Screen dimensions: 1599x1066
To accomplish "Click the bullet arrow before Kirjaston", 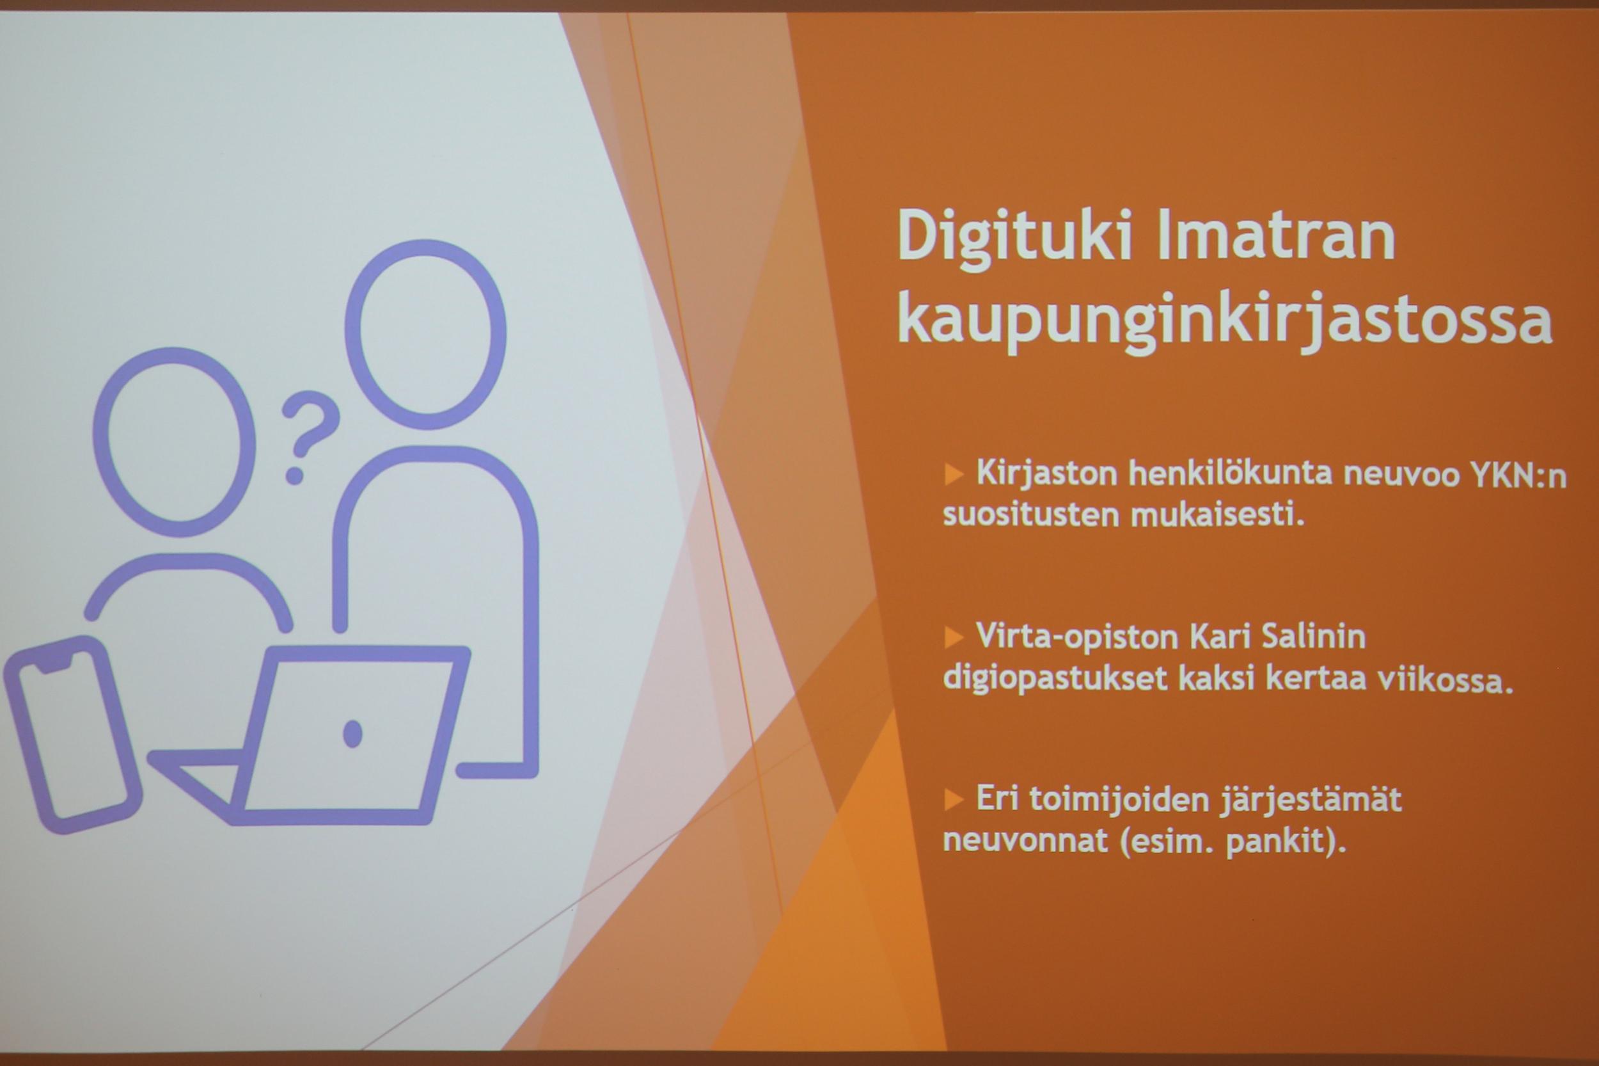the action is pyautogui.click(x=954, y=474).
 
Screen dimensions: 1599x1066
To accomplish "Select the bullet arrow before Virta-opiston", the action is pyautogui.click(x=954, y=638).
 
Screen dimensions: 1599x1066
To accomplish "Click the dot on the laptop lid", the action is pyautogui.click(x=352, y=733).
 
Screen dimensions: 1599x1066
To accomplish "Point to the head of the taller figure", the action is pyautogui.click(x=425, y=335).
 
